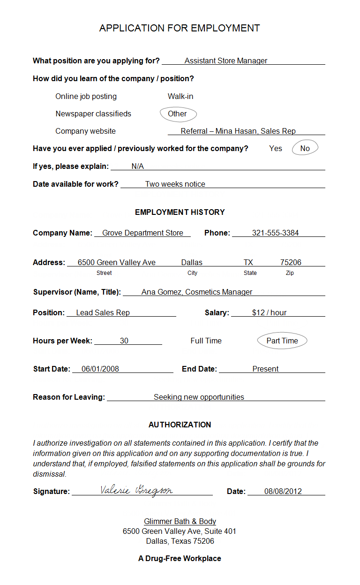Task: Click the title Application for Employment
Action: coord(180,28)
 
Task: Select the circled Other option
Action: coord(177,114)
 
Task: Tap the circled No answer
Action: coord(305,148)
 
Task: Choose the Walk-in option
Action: coord(180,96)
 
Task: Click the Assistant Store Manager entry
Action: coord(226,61)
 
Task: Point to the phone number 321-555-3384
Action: coord(275,233)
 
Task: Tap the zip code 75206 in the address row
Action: coord(291,262)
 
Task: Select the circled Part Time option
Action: coord(282,341)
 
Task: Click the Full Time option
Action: coord(206,341)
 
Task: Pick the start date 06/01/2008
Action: coord(100,369)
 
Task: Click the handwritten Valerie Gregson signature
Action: coord(136,490)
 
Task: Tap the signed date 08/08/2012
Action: coord(283,491)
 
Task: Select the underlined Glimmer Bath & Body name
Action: coord(180,521)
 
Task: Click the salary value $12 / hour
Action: coord(269,312)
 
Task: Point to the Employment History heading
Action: coord(180,212)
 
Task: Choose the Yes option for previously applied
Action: coord(276,148)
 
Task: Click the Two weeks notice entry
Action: coord(175,184)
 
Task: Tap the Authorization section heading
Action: coord(180,425)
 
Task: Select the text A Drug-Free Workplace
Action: coord(180,558)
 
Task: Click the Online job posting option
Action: coord(86,96)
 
